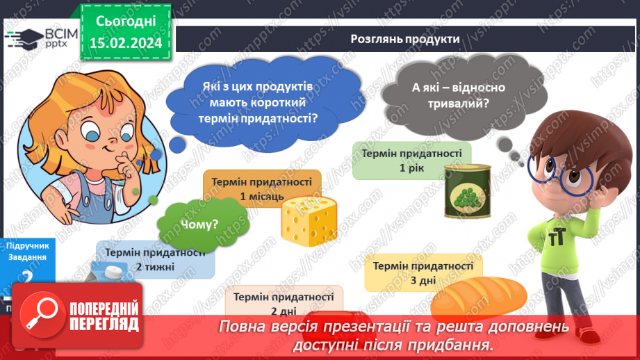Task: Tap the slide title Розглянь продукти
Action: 405,39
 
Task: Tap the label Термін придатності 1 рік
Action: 412,161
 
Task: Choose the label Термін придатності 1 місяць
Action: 262,189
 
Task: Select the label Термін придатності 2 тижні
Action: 156,259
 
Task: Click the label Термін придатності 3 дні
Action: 423,272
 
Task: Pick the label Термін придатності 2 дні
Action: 284,304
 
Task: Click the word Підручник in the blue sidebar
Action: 26,246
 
